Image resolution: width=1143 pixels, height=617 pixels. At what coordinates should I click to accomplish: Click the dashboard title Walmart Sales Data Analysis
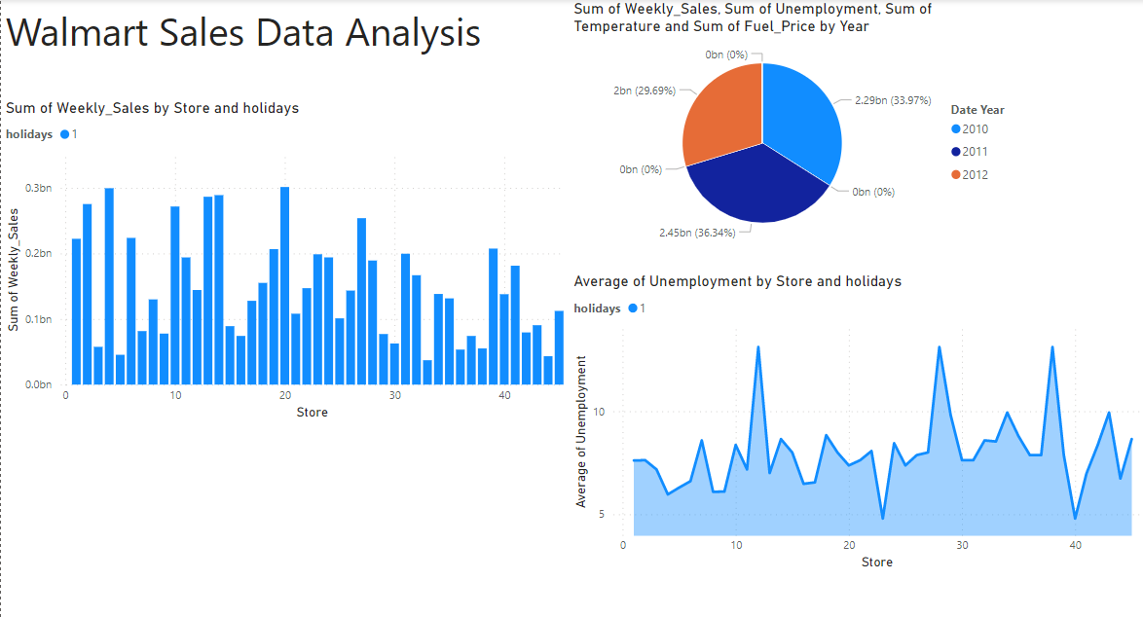coord(243,33)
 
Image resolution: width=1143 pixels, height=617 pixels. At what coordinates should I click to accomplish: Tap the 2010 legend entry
coord(975,129)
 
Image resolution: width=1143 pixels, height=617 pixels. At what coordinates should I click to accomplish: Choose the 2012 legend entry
coord(975,174)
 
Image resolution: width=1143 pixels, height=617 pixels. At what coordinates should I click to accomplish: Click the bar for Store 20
coord(284,286)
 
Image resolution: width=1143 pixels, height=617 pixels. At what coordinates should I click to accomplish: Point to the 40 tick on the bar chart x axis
coord(505,395)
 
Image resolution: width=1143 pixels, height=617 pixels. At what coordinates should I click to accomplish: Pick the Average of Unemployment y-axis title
coord(581,431)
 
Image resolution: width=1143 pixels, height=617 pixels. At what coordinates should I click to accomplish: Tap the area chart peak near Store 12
coord(757,347)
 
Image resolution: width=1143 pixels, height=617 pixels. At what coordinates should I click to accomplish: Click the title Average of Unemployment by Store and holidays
coord(737,281)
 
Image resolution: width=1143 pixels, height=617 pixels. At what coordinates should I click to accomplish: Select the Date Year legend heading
coord(977,110)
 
